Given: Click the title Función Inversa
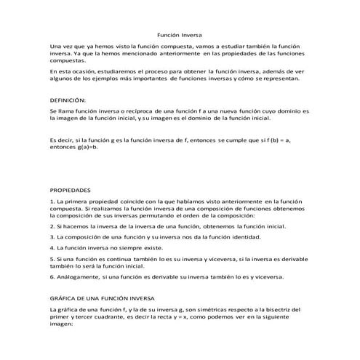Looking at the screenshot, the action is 180,35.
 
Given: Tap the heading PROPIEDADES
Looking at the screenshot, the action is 70,188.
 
